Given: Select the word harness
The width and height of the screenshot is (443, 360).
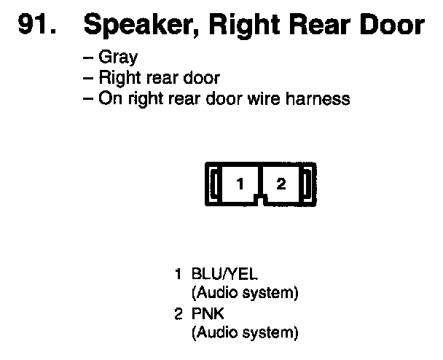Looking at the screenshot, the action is point(318,98).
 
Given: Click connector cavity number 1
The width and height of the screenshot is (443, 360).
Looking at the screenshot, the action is point(239,184).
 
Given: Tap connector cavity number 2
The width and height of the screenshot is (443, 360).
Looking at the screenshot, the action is point(281,184).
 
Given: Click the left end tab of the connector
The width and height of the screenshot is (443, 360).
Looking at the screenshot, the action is point(214,184).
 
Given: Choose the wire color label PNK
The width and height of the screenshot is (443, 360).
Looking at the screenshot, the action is point(205,316).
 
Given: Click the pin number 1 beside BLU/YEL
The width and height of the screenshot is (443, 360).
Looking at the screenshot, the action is point(178,276).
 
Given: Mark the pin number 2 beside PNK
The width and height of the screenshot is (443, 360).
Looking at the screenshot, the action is point(178,316).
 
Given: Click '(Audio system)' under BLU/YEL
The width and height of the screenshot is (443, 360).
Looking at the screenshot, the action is point(245,294).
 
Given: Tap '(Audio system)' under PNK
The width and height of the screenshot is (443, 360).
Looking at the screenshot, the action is point(245,333).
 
